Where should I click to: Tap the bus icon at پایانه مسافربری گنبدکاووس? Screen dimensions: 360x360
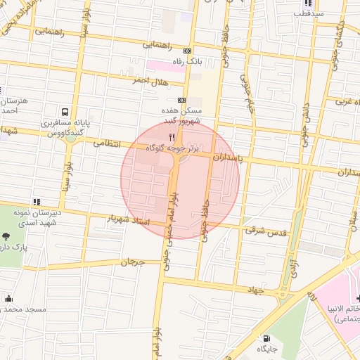click(65, 112)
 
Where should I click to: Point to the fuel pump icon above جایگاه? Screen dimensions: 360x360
click(266, 337)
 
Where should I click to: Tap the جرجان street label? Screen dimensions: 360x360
click(131, 262)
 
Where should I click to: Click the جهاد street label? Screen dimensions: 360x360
click(253, 289)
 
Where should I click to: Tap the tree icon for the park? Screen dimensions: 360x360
click(7, 237)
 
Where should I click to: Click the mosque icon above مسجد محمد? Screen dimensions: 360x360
click(8, 298)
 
